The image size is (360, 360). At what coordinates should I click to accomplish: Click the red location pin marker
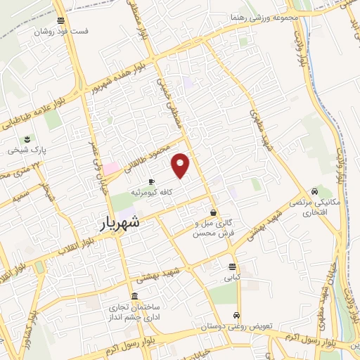tap(181, 165)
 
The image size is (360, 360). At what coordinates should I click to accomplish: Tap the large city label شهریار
tap(117, 224)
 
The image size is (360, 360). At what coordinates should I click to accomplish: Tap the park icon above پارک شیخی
tap(27, 139)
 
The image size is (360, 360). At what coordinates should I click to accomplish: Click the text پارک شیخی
tap(27, 150)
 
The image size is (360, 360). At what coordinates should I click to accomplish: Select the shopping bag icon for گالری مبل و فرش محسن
tap(213, 212)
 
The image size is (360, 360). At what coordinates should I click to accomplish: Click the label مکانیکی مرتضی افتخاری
tap(309, 207)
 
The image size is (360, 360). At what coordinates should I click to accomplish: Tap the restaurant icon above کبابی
tap(231, 266)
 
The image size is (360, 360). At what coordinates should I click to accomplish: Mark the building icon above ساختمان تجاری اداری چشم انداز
tap(134, 296)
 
